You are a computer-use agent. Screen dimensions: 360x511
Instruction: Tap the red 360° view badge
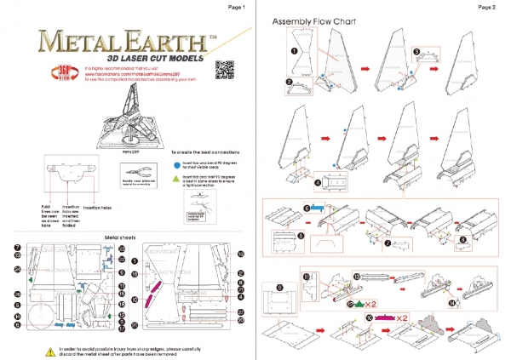pyautogui.click(x=44, y=68)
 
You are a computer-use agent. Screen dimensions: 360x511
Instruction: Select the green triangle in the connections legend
pyautogui.click(x=175, y=181)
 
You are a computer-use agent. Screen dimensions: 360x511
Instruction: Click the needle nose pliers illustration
pyautogui.click(x=135, y=169)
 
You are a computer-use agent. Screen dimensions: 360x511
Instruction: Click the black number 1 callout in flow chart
pyautogui.click(x=294, y=50)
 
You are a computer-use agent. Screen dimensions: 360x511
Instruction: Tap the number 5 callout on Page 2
pyautogui.click(x=300, y=235)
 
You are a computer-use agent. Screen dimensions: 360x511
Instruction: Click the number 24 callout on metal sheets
pyautogui.click(x=17, y=269)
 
